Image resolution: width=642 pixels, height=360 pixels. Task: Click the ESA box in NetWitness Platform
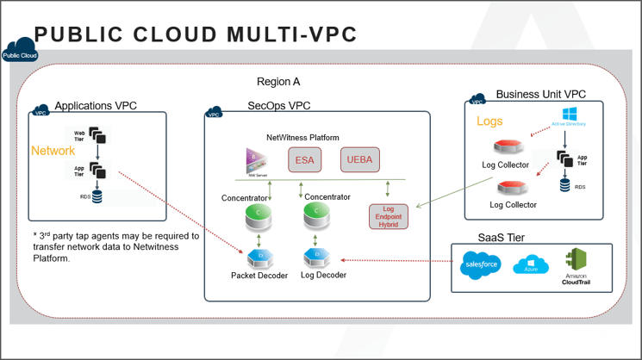pos(304,160)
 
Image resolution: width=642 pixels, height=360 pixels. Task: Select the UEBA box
pos(359,160)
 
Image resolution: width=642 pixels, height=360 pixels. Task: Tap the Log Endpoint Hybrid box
pos(389,216)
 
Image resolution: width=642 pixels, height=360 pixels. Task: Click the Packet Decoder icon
pos(255,257)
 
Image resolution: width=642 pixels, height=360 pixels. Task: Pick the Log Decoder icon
pos(314,257)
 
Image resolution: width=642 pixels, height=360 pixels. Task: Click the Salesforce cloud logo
pos(480,264)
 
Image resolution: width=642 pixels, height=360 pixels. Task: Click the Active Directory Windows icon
pos(570,114)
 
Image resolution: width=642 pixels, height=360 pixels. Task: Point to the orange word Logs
pos(489,121)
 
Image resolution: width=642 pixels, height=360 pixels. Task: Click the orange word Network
pos(53,151)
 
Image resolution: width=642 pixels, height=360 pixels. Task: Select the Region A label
pos(278,83)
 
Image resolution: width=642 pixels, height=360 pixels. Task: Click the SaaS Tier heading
pos(502,238)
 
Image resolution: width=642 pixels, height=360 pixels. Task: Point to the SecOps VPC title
pos(279,106)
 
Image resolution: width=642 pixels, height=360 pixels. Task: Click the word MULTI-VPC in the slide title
pos(292,34)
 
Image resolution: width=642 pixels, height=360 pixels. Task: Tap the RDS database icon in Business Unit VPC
pos(565,183)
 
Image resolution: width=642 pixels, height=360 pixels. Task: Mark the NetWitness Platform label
pos(302,138)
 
